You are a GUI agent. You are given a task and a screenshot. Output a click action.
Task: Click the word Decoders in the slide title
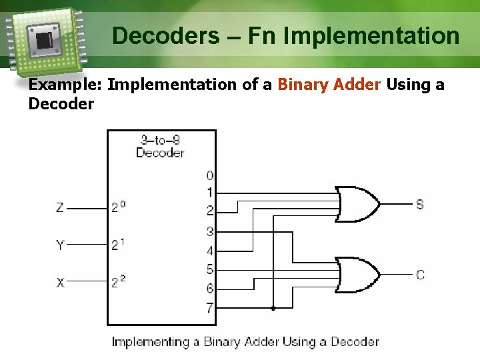[x=159, y=35]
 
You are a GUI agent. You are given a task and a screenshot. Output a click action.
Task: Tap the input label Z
[x=60, y=208]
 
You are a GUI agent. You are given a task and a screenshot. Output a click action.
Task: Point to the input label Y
[x=60, y=245]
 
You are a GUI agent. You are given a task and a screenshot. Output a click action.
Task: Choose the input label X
[x=60, y=283]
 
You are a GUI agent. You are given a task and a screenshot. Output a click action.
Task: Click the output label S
[x=419, y=204]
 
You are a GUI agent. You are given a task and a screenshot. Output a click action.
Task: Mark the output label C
[x=420, y=275]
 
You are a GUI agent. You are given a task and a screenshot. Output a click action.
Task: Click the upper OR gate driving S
[x=357, y=203]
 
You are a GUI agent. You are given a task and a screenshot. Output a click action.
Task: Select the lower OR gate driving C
[x=357, y=274]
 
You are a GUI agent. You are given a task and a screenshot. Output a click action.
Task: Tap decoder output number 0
[x=210, y=175]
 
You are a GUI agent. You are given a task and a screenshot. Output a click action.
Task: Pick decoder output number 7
[x=210, y=309]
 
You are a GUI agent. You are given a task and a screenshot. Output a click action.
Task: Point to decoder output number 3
[x=210, y=232]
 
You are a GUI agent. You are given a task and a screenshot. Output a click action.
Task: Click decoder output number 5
[x=210, y=270]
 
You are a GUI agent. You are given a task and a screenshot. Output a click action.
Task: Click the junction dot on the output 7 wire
[x=273, y=309]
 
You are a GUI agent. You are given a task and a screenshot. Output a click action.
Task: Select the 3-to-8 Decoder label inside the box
[x=160, y=146]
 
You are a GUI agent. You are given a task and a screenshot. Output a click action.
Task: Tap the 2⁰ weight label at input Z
[x=118, y=208]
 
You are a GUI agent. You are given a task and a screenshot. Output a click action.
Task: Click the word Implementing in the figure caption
[x=150, y=342]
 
